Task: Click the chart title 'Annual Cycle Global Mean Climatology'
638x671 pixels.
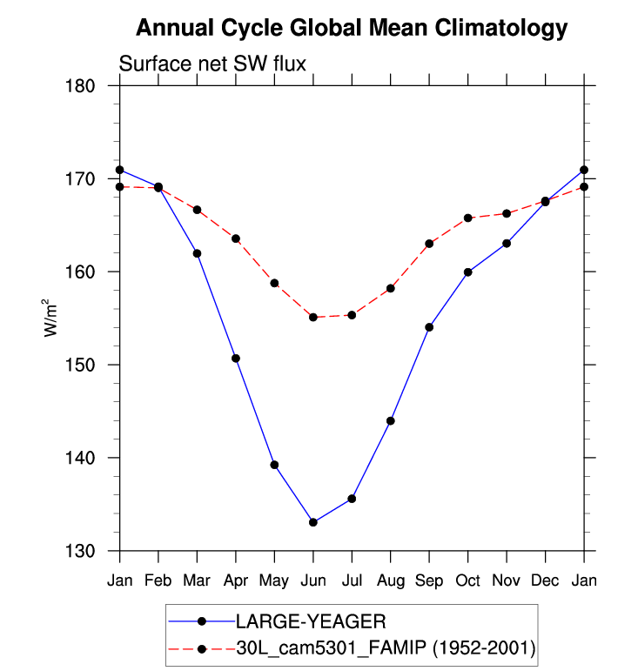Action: point(352,29)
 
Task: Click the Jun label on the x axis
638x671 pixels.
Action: point(312,580)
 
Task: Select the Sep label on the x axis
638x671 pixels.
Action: point(429,580)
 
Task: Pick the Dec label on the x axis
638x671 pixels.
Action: point(545,580)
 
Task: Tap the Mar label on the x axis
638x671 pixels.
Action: point(197,580)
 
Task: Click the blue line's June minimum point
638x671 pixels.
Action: point(312,522)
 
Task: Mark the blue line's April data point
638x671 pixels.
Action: point(235,359)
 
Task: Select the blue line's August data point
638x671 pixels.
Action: point(390,421)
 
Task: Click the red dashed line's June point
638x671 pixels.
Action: point(312,318)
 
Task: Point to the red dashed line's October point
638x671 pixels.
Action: point(467,218)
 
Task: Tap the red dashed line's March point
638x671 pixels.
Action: point(197,210)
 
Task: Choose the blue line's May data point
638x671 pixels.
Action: point(274,465)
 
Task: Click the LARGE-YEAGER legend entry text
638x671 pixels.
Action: point(311,621)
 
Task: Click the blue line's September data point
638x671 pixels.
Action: point(429,327)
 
